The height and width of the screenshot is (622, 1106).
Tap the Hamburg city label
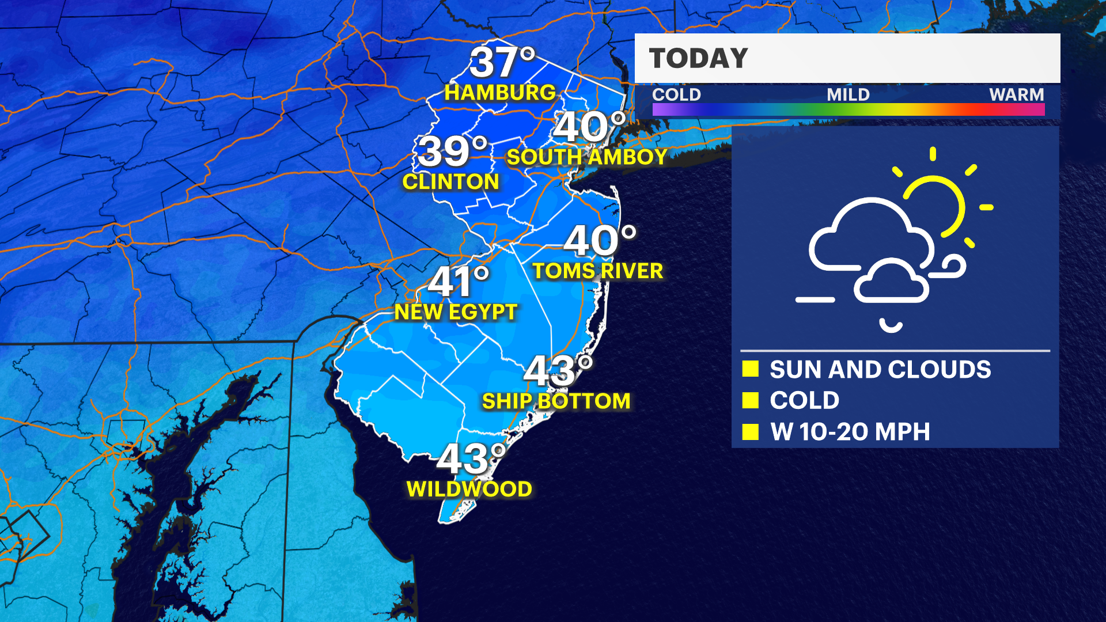point(500,93)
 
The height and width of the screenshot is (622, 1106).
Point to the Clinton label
point(450,182)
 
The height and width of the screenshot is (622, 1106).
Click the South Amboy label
point(586,157)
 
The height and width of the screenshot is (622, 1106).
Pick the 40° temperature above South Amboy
point(589,126)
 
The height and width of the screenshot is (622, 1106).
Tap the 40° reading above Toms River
point(600,240)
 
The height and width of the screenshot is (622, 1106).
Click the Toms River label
point(598,271)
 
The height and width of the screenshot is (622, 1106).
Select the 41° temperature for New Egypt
point(458,282)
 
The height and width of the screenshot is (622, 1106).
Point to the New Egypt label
point(456,312)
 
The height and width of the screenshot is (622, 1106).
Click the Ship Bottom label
point(556,401)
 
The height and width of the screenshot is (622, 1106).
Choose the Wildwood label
point(469,490)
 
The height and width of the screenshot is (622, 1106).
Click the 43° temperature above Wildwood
point(471,459)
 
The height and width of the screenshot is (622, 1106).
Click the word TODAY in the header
point(698,59)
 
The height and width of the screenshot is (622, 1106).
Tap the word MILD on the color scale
point(848,94)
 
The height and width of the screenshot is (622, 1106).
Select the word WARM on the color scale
point(1016,94)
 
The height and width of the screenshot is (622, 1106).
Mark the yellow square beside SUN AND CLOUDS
point(751,369)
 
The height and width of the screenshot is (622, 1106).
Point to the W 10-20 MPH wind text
point(850,432)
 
